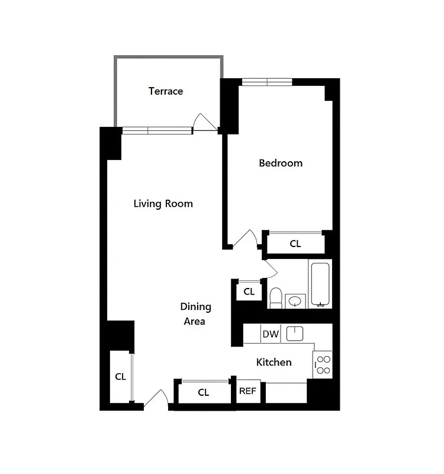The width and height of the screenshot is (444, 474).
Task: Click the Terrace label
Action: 166,91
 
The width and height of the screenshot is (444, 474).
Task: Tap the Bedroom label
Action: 281,163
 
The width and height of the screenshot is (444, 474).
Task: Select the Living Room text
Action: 163,204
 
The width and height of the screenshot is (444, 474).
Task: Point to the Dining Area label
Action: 195,314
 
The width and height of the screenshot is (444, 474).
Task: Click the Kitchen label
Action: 274,362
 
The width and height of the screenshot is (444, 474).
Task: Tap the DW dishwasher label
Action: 271,334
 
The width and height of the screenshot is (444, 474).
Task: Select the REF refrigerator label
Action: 247,391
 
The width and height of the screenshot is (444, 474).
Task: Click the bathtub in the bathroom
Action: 320,284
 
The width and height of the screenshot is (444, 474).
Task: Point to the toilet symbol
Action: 276,297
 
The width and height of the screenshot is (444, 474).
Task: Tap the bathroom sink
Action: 295,302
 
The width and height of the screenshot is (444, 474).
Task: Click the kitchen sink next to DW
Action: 295,334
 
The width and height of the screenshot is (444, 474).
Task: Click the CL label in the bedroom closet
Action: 295,244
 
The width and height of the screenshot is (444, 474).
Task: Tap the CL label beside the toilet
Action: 249,292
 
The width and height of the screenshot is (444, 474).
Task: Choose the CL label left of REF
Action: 203,392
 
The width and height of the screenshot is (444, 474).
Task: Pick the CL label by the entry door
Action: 120,376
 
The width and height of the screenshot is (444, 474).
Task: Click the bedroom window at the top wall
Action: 267,82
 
